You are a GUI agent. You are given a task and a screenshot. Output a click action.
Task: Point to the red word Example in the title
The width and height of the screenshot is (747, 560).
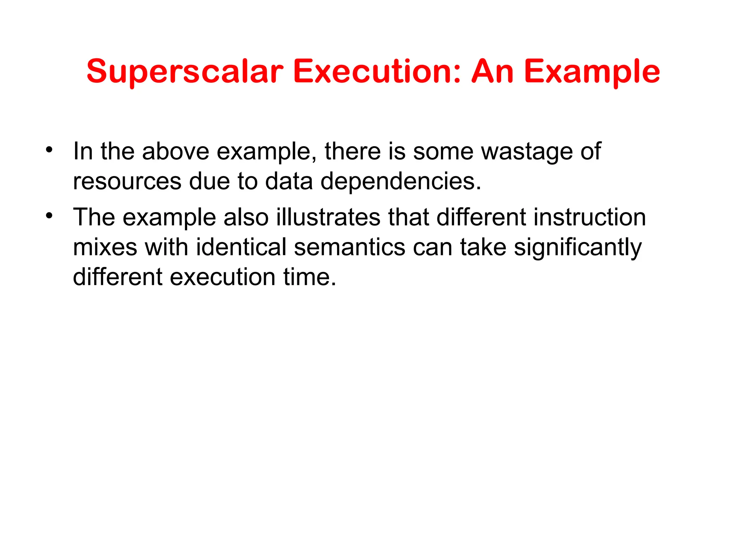click(592, 72)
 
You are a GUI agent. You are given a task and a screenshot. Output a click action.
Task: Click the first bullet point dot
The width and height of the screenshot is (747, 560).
click(49, 149)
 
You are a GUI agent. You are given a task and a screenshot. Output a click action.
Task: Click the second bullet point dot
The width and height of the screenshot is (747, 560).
click(49, 215)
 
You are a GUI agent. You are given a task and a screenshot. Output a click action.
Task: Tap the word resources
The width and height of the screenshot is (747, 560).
click(127, 181)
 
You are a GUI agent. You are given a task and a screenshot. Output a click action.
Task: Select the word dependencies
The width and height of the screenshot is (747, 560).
click(400, 181)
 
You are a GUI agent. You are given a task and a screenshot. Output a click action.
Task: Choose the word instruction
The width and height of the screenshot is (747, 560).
click(589, 217)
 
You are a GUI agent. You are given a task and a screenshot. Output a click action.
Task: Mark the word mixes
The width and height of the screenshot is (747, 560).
click(105, 247)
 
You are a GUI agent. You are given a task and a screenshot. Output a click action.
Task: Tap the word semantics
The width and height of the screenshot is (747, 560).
click(349, 247)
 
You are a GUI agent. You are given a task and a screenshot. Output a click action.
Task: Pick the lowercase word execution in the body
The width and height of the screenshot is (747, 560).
click(222, 277)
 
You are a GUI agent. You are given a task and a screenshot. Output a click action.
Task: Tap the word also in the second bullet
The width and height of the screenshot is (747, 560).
click(246, 217)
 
